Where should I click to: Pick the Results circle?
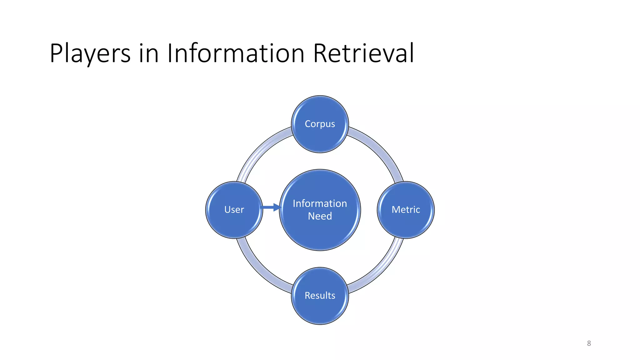[320, 309]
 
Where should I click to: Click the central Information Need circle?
[320, 231]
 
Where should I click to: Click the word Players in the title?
[90, 53]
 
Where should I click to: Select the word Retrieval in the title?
[363, 53]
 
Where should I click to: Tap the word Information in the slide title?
[236, 53]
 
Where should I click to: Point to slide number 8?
[589, 343]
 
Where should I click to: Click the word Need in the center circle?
[320, 216]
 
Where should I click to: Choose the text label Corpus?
[320, 124]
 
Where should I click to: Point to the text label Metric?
[406, 210]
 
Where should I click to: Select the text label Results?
[320, 296]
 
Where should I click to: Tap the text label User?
[234, 210]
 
